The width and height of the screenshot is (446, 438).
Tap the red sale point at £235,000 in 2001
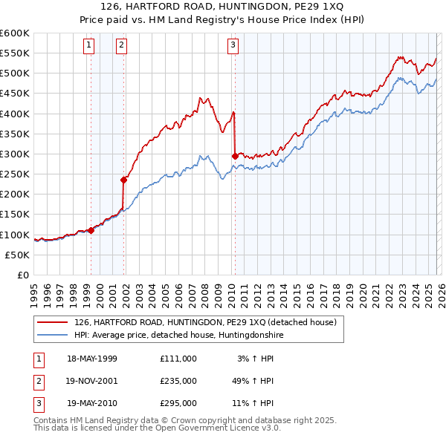click(x=124, y=179)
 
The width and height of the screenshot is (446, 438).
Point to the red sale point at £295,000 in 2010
click(x=235, y=156)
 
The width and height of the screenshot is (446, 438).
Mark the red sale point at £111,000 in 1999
click(x=91, y=230)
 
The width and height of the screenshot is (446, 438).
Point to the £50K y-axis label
click(x=17, y=255)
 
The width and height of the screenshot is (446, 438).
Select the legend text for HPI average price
click(x=178, y=336)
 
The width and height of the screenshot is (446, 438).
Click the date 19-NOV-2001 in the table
click(x=92, y=381)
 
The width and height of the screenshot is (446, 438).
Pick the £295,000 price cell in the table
click(x=178, y=404)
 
